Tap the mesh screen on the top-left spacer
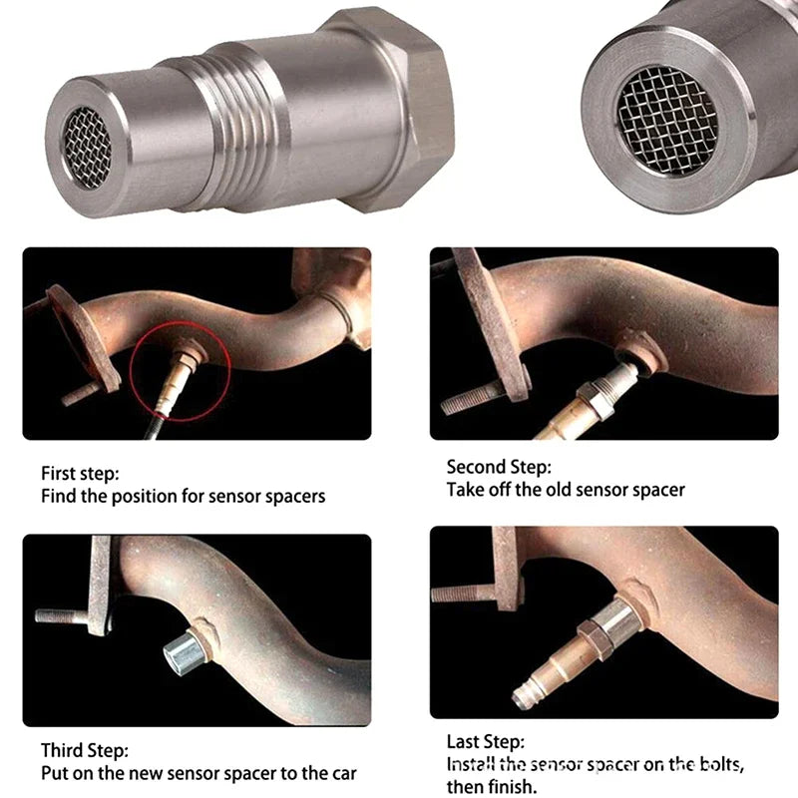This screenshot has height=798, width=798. pos(87,147)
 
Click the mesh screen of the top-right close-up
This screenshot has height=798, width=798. pos(667,121)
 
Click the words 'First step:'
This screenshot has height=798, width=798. pos(80,473)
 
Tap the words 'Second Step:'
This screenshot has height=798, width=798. pos(499,467)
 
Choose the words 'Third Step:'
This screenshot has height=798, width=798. pos(85,751)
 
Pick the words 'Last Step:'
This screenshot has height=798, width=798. pos(486,741)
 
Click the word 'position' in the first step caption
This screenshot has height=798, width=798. pos(145,497)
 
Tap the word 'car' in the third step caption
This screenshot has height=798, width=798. pos(344,774)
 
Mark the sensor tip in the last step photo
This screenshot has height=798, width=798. pos(523,699)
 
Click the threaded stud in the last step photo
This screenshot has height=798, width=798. pos(464,594)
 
